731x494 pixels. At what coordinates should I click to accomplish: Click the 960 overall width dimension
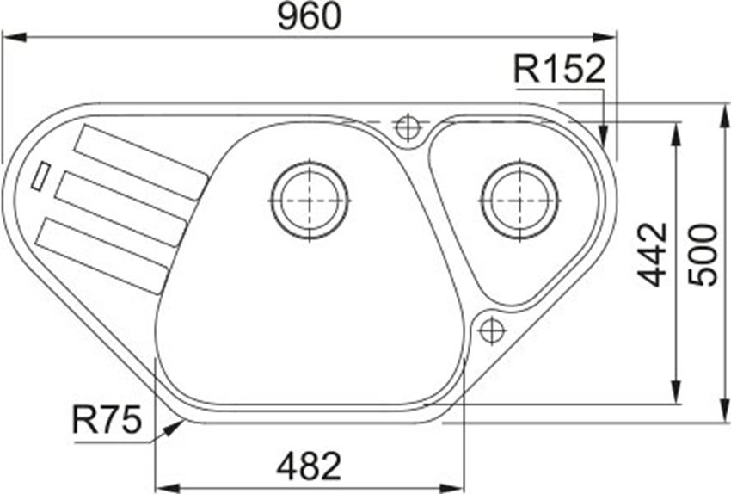[309, 17]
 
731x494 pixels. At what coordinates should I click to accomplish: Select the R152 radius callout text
[560, 70]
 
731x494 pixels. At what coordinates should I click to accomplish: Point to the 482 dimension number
[309, 466]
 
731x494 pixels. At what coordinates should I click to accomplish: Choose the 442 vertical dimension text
[654, 255]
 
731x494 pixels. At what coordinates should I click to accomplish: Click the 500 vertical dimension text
[704, 255]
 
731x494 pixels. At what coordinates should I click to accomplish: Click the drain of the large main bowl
[310, 200]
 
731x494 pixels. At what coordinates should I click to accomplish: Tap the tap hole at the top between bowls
[407, 127]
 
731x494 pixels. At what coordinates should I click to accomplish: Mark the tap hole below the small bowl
[491, 329]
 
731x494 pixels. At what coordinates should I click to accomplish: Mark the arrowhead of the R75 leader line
[177, 424]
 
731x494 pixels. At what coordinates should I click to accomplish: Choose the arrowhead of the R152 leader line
[605, 138]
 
